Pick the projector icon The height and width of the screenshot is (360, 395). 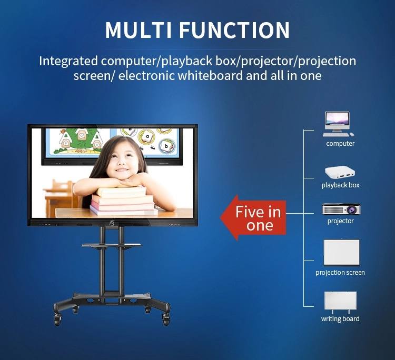[341, 209]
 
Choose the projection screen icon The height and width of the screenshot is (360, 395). [341, 253]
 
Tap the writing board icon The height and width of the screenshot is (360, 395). [340, 302]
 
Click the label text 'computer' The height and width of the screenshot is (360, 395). [340, 144]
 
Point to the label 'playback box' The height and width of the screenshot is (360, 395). [340, 185]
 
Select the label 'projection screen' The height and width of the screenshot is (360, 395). [340, 273]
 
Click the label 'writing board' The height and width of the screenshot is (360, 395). [340, 319]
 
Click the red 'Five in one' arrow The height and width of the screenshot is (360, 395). [253, 218]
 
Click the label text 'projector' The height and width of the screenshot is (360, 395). [340, 221]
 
